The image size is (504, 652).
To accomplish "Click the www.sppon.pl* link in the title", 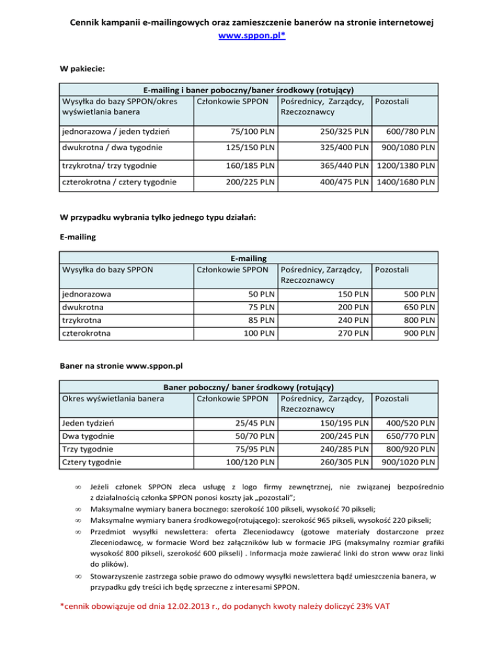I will tap(252, 37).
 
